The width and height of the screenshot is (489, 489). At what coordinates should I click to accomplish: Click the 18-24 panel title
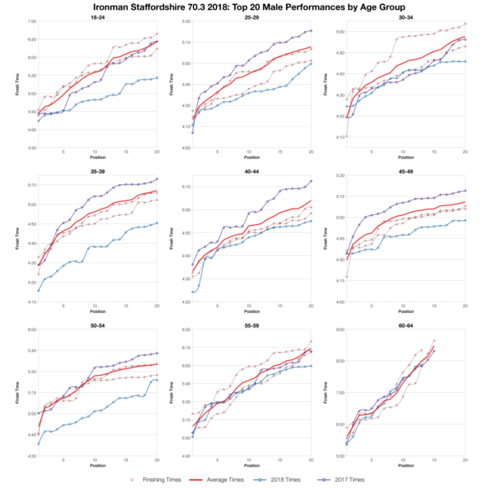(x=98, y=15)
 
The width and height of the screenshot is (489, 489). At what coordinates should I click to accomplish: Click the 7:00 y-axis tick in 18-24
(x=31, y=21)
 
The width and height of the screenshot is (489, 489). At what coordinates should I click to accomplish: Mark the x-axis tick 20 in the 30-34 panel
(x=465, y=152)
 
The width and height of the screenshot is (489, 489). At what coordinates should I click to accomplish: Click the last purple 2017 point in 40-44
(x=311, y=181)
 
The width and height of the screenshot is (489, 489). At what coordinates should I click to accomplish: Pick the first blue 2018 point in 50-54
(x=38, y=443)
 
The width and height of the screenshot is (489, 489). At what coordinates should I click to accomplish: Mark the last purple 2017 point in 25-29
(x=311, y=31)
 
